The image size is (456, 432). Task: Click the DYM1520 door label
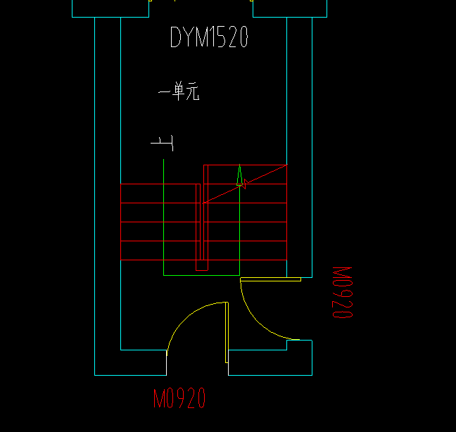coord(209,37)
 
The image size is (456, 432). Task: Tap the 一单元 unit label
coord(179,91)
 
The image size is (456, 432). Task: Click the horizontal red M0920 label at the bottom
coord(180,399)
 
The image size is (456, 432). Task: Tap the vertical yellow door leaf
coord(227,332)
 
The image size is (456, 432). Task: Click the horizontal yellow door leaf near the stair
coord(270,279)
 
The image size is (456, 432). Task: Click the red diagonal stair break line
coord(260,177)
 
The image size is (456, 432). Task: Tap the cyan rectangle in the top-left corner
coord(110,8)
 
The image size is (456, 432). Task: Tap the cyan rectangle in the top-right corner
coord(289,8)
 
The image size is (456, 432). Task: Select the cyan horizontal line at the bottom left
coord(130,375)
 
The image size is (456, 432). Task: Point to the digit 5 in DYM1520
coord(222,37)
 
